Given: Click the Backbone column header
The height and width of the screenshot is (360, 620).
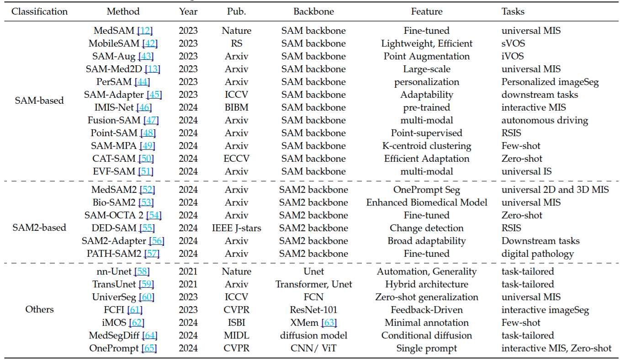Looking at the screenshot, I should pos(313,11).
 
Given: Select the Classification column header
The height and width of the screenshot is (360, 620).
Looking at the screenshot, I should pos(39,11).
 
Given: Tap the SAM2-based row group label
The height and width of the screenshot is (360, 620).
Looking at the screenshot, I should pos(39,228).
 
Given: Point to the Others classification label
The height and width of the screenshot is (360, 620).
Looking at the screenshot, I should pos(39,309).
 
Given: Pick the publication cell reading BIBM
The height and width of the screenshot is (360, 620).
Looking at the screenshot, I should pos(237,107).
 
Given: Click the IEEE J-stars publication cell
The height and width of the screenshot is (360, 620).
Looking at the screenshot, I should pos(237,228).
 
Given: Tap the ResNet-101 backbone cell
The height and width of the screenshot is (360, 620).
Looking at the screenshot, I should pos(313,310).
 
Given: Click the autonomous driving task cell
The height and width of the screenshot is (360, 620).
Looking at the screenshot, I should pos(545,120).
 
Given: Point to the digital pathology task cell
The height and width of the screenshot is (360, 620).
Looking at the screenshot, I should pos(537,254).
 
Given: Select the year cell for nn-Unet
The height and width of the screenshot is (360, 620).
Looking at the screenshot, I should pos(188,271).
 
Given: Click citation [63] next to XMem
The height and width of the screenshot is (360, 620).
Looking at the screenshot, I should pos(329,323).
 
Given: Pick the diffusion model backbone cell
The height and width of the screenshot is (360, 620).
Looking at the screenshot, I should pos(313,335).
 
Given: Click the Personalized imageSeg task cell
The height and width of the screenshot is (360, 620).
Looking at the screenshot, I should pos(550,82).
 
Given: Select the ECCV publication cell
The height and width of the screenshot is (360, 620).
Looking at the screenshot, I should pos(237,159).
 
